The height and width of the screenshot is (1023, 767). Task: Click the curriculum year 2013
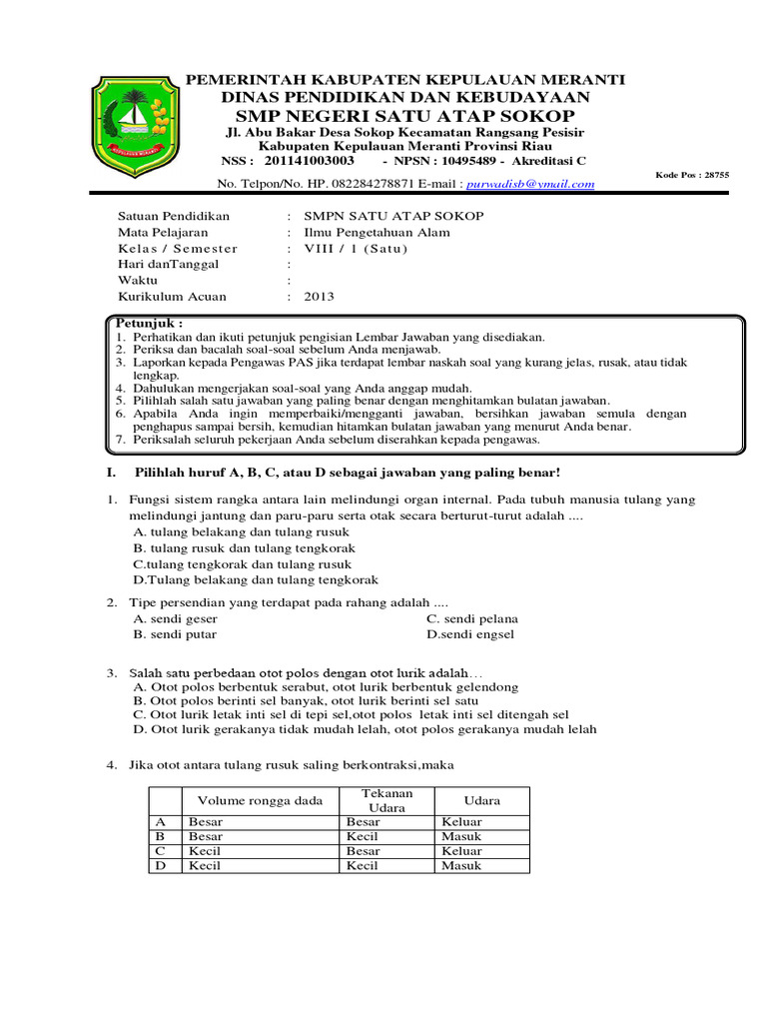click(x=320, y=297)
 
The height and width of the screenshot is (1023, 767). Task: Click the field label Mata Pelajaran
click(x=163, y=233)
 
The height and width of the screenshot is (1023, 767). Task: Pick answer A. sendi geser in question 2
click(x=175, y=618)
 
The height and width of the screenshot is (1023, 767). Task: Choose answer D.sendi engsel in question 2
click(x=470, y=634)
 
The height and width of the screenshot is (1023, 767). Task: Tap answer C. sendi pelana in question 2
click(x=472, y=618)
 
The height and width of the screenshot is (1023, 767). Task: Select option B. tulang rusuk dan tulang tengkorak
click(x=245, y=548)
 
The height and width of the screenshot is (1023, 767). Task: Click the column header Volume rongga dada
click(x=261, y=801)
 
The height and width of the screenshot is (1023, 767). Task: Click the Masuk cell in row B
click(x=460, y=836)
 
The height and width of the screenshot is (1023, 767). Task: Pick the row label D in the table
click(x=158, y=866)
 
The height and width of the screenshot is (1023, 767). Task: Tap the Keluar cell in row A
click(x=461, y=821)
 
